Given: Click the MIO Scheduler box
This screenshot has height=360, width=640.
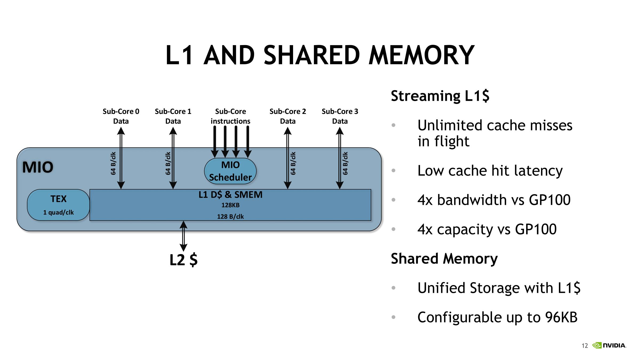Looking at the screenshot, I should (x=230, y=171).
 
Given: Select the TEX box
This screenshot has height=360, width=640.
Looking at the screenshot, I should (x=58, y=205).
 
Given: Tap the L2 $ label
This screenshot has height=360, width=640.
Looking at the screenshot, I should (x=183, y=260).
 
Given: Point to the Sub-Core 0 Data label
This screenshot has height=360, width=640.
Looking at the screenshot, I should (x=121, y=116).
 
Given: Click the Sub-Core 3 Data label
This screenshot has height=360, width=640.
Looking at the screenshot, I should (x=340, y=116).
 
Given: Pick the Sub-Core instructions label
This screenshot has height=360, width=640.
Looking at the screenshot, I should (x=230, y=116).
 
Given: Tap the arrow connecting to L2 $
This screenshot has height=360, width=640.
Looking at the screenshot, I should (x=183, y=236).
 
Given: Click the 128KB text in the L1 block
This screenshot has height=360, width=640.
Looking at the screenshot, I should (x=230, y=205).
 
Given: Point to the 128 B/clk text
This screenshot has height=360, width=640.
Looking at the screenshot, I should (x=230, y=217).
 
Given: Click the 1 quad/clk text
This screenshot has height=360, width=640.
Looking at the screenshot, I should (x=58, y=213).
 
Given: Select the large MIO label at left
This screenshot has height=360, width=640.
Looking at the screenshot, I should (x=38, y=167).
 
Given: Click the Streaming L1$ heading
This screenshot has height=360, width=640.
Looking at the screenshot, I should (x=440, y=96).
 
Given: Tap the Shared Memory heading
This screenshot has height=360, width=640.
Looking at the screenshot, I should (x=444, y=259).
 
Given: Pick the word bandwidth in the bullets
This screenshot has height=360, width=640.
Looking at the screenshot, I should (x=472, y=200).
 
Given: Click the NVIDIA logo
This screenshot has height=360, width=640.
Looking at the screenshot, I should (x=609, y=346).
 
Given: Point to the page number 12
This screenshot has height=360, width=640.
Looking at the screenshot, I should (x=585, y=346).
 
